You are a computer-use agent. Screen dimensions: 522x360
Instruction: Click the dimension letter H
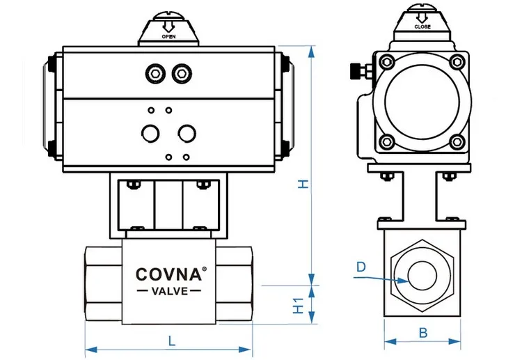coord(303,184)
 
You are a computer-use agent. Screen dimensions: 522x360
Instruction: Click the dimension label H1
coord(299,305)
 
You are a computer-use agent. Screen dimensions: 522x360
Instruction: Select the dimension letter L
coord(172,341)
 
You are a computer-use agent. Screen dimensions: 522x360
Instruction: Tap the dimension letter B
coord(422,332)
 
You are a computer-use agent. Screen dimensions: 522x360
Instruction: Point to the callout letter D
coord(361,267)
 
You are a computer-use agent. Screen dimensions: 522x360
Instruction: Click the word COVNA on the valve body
coord(168,274)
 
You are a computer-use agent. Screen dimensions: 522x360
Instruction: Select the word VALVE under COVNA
coord(170,291)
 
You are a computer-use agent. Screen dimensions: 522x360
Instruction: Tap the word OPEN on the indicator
coord(169,37)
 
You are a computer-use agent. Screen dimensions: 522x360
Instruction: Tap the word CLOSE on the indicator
coord(422,26)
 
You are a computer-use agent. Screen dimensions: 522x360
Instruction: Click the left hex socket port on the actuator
coord(155,73)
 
